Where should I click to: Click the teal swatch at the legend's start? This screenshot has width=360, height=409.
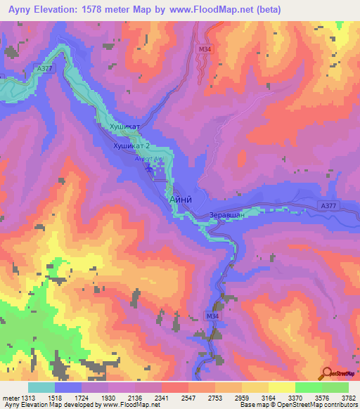(41, 387)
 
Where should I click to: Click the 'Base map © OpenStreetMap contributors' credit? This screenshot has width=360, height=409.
(298, 405)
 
